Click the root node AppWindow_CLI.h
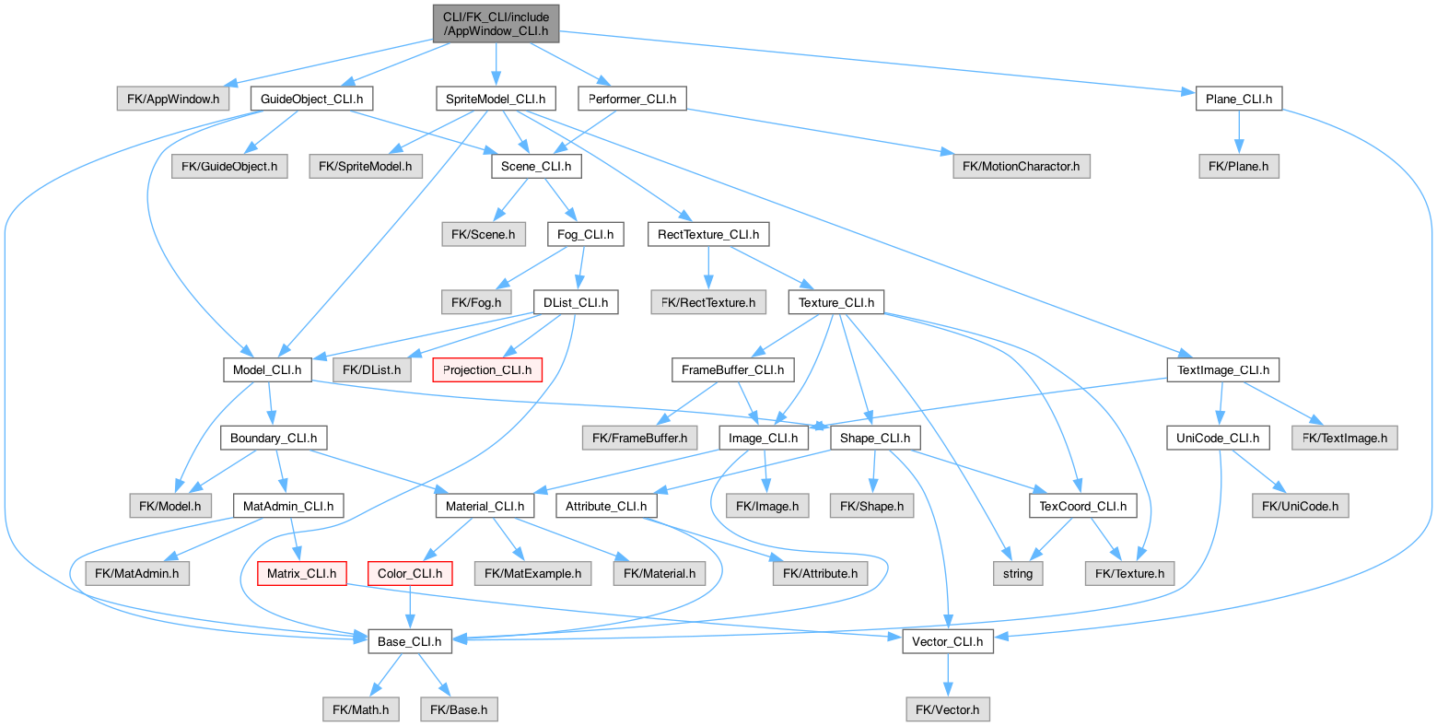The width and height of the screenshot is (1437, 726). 496,23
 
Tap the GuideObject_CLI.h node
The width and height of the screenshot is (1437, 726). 311,99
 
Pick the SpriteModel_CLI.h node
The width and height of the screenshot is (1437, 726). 496,99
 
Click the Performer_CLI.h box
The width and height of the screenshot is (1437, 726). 632,99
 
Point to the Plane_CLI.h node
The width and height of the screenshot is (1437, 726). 1238,99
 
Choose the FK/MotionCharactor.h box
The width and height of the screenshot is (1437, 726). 1021,167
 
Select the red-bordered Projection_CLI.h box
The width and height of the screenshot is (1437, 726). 487,370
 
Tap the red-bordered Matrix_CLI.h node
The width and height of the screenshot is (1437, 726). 301,573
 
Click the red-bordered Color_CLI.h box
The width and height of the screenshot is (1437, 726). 410,573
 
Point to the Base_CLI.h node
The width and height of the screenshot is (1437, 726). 410,641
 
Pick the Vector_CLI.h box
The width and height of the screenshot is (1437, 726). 947,641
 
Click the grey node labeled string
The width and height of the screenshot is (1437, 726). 1018,573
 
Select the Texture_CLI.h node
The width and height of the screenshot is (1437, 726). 835,302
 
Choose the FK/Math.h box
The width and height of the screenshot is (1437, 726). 360,709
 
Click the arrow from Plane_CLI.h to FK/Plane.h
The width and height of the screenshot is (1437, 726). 1239,133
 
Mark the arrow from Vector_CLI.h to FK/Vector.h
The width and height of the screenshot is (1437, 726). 947,675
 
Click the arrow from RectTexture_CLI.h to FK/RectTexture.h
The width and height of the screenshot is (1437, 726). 707,268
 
